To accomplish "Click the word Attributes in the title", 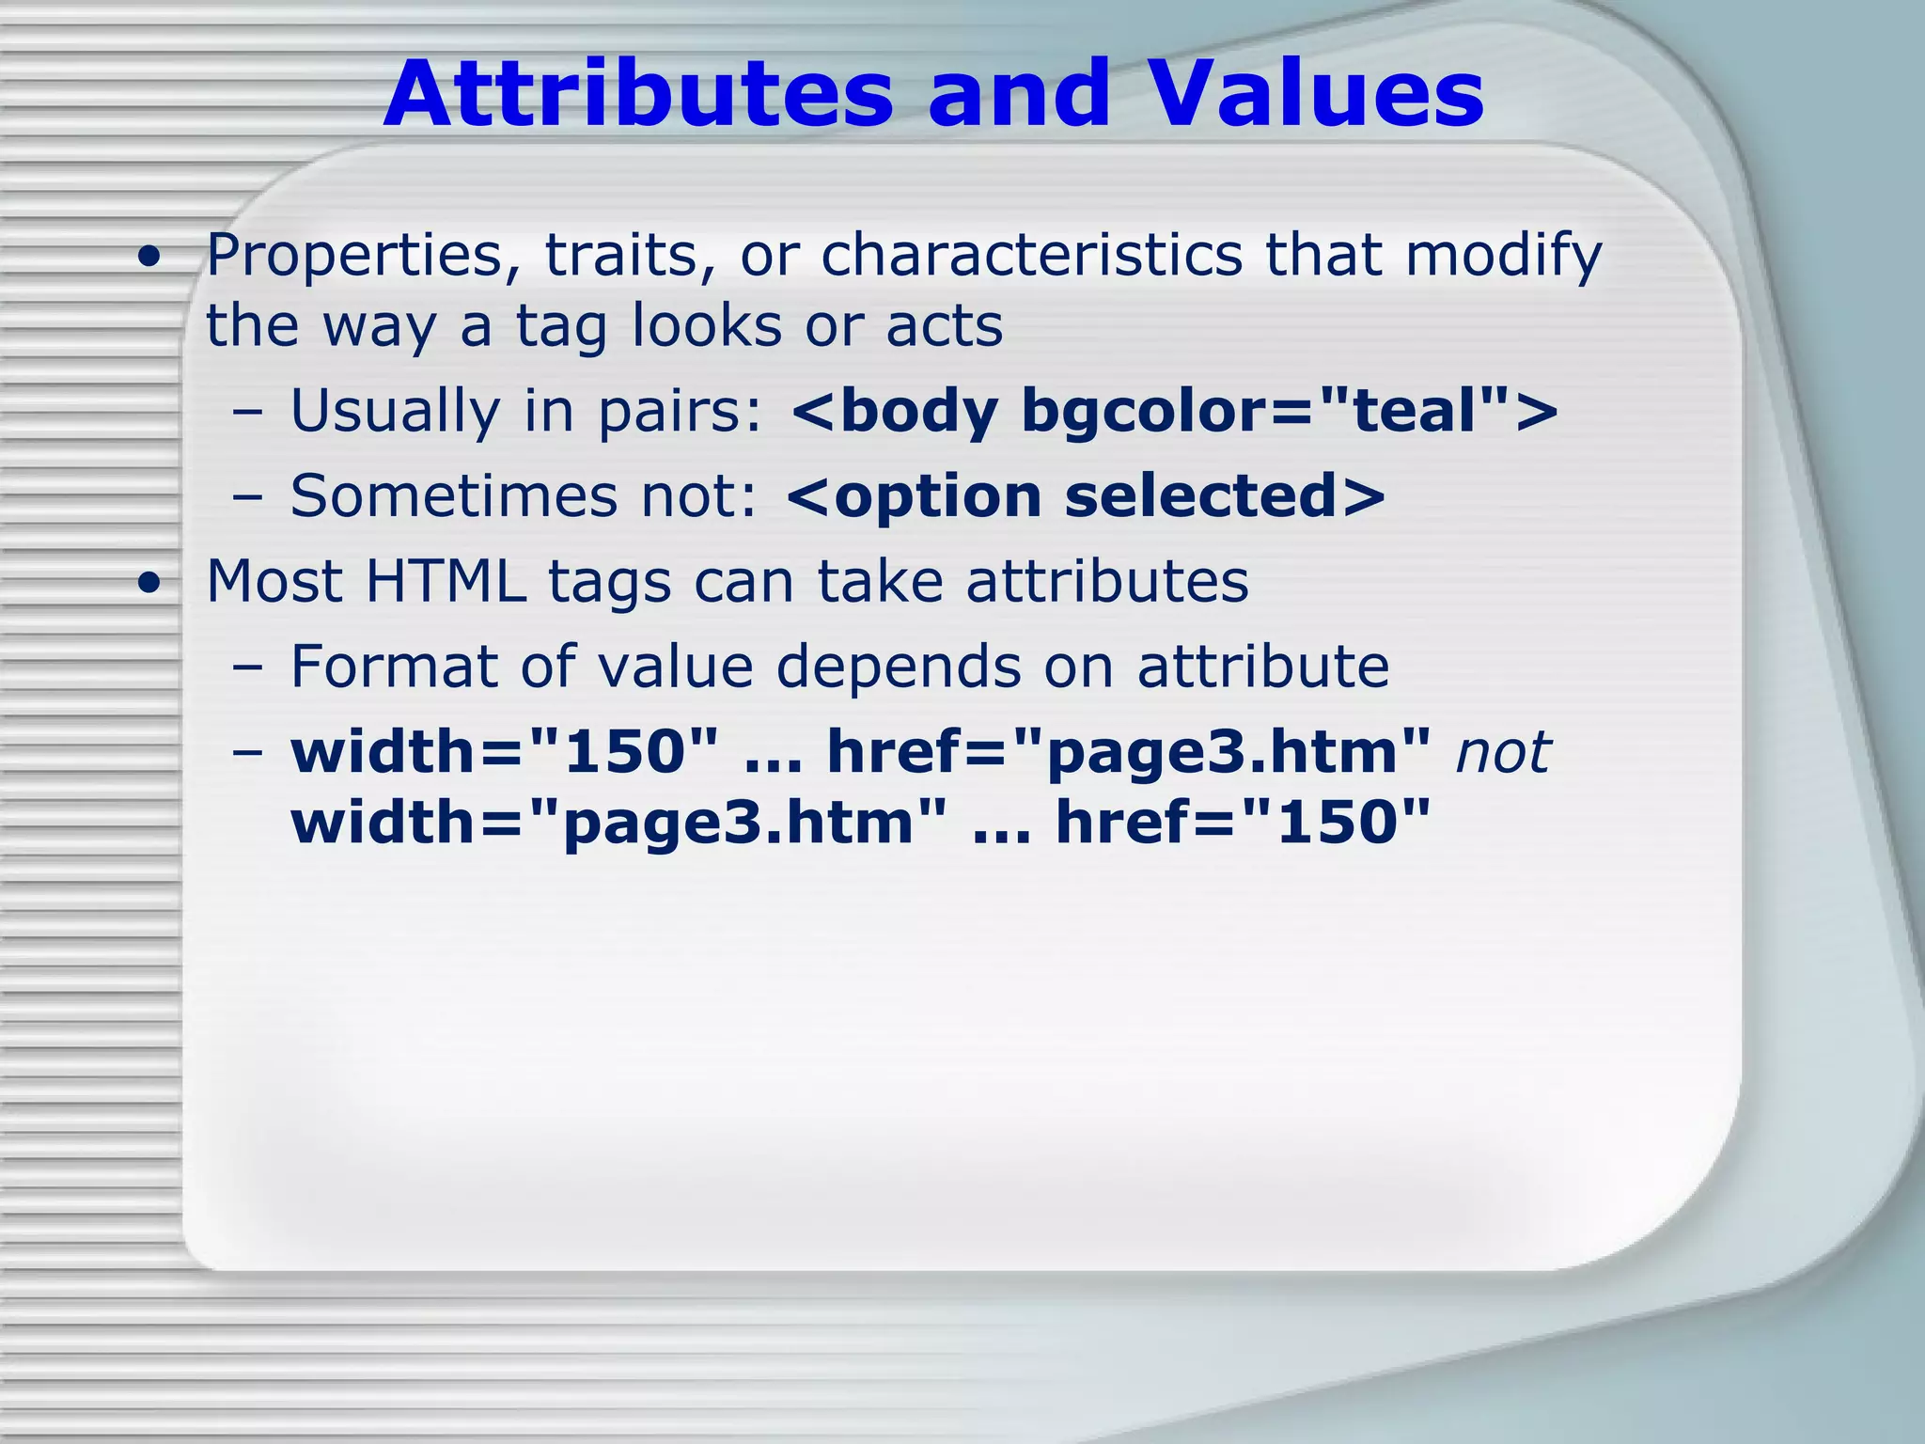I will pyautogui.click(x=638, y=94).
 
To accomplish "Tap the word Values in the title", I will pyautogui.click(x=1316, y=94).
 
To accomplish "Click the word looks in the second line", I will pyautogui.click(x=706, y=325).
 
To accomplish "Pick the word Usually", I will pyautogui.click(x=395, y=412).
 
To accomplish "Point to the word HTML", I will pyautogui.click(x=446, y=581).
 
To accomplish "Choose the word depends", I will pyautogui.click(x=898, y=668).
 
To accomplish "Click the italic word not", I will pyautogui.click(x=1502, y=753).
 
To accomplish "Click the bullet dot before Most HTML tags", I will pyautogui.click(x=148, y=584).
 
